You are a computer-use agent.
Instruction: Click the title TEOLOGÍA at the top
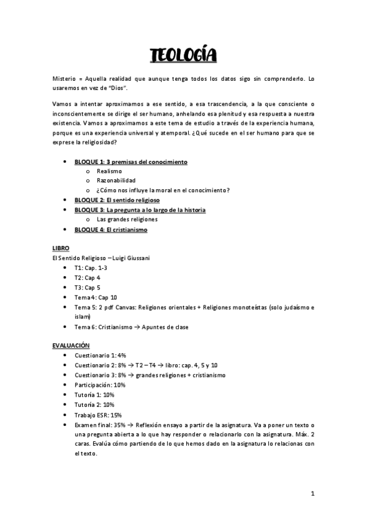pyautogui.click(x=183, y=56)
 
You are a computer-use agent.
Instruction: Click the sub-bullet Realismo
pyautogui.click(x=110, y=171)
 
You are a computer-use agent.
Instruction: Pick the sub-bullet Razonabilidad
pyautogui.click(x=116, y=181)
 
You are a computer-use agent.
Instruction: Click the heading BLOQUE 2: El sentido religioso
pyautogui.click(x=116, y=200)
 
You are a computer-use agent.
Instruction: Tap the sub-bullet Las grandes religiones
pyautogui.click(x=127, y=219)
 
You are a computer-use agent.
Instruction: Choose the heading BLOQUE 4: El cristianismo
pyautogui.click(x=111, y=230)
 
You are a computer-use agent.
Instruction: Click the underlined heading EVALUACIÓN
pyautogui.click(x=71, y=345)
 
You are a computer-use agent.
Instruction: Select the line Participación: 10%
pyautogui.click(x=100, y=385)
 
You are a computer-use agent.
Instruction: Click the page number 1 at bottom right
pyautogui.click(x=312, y=493)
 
